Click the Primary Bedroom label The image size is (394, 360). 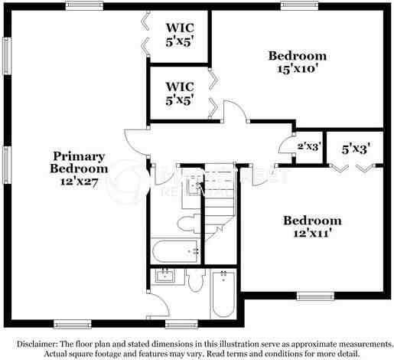(79, 162)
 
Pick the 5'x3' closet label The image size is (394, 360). (356, 149)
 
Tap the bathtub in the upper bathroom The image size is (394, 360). (174, 250)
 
